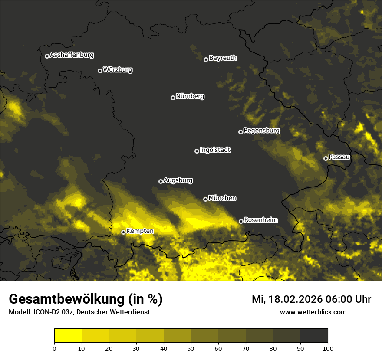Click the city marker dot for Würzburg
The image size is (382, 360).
tap(100, 71)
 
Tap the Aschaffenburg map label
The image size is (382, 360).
tap(72, 55)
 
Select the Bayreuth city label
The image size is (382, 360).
tap(223, 58)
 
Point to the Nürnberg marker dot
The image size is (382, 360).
tap(173, 98)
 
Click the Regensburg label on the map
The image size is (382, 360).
tap(261, 131)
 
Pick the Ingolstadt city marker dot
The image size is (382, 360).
tap(197, 151)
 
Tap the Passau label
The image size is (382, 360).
tap(339, 157)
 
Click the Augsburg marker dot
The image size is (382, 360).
tap(161, 181)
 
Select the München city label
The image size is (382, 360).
tap(222, 198)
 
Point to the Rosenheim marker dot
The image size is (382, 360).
tap(241, 221)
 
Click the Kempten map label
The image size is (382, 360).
tap(140, 231)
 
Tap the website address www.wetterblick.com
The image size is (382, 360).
tap(313, 312)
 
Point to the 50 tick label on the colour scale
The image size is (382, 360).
tap(191, 348)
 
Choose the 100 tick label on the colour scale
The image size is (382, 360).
tap(328, 348)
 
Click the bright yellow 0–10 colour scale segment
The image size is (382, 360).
tap(68, 335)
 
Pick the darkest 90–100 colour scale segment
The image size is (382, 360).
tap(314, 335)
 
